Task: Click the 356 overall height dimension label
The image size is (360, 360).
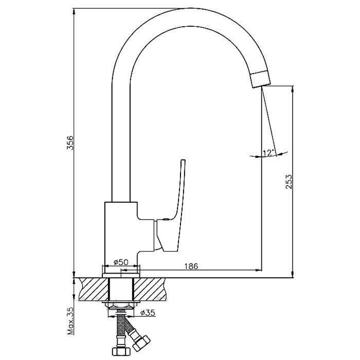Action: pyautogui.click(x=70, y=142)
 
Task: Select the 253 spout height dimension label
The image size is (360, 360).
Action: pyautogui.click(x=289, y=182)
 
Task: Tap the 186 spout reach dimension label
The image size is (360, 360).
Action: pyautogui.click(x=191, y=266)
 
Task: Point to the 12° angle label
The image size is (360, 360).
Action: pyautogui.click(x=268, y=152)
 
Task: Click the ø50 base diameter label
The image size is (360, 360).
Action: pyautogui.click(x=121, y=262)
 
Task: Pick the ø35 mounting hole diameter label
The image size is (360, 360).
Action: pyautogui.click(x=148, y=313)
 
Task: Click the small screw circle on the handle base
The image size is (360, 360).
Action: pyautogui.click(x=165, y=220)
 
